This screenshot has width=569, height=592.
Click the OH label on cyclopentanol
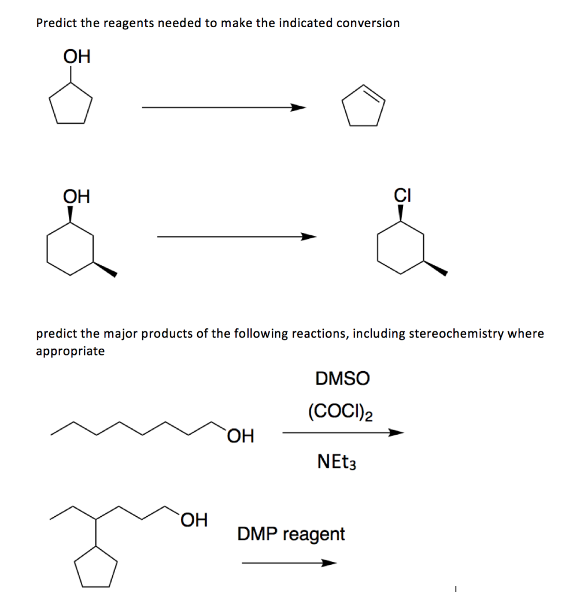click(x=76, y=57)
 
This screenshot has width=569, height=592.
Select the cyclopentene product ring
click(x=363, y=107)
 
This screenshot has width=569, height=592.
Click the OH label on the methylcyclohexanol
click(x=76, y=197)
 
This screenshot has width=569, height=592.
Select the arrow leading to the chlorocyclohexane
click(x=237, y=236)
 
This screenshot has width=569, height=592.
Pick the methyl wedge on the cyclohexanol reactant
click(x=105, y=268)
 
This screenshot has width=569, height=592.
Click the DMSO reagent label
click(x=342, y=379)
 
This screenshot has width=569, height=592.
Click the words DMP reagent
click(x=291, y=534)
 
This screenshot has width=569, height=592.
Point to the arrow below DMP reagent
click(x=289, y=563)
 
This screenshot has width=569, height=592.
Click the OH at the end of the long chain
click(x=241, y=435)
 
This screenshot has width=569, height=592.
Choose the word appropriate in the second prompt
click(x=71, y=351)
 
